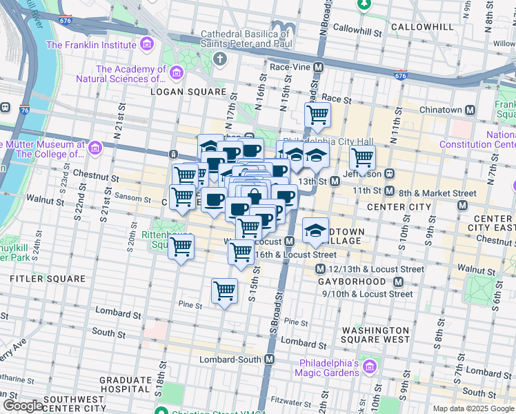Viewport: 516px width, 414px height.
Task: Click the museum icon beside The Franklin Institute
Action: click(x=146, y=46)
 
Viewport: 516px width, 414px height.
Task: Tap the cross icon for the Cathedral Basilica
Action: click(x=219, y=58)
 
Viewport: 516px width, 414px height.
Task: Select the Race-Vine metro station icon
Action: click(x=319, y=68)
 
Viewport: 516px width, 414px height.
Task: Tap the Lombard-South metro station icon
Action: click(x=270, y=360)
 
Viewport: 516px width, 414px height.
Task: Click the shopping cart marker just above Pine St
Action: click(x=225, y=291)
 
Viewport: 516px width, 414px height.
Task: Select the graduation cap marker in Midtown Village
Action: click(x=315, y=230)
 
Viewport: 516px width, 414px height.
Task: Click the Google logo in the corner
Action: click(x=23, y=405)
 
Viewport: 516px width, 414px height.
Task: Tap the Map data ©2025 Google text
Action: click(x=473, y=408)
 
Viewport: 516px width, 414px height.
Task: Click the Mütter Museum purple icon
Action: click(x=95, y=148)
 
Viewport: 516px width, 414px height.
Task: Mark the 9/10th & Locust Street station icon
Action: click(x=398, y=282)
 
